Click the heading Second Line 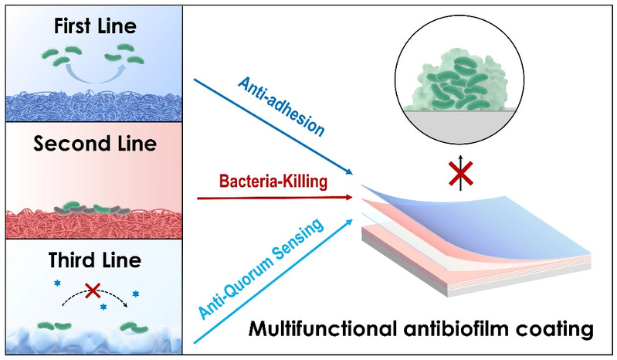94,144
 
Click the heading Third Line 94,260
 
